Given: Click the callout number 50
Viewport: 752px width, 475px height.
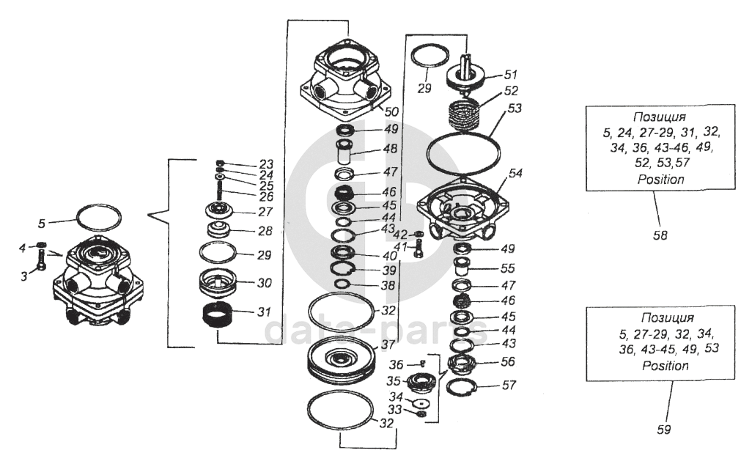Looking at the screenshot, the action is [x=391, y=111].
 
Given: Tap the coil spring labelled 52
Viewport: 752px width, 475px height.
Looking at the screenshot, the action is [x=463, y=113].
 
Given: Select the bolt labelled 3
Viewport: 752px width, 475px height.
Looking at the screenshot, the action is [x=41, y=260].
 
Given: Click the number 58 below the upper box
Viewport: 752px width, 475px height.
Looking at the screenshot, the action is [x=660, y=235].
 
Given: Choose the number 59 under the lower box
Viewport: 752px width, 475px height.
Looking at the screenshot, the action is [x=664, y=429].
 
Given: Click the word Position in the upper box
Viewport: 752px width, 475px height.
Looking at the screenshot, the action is [x=660, y=180].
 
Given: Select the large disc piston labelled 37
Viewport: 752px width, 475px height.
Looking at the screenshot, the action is [x=341, y=362].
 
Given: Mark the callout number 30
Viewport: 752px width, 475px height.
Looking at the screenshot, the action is [x=265, y=283].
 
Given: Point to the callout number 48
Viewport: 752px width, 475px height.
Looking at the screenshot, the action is [x=391, y=149].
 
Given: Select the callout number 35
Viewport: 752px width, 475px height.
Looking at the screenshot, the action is [x=394, y=381].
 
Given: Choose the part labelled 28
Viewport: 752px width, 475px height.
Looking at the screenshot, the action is [x=218, y=230].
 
